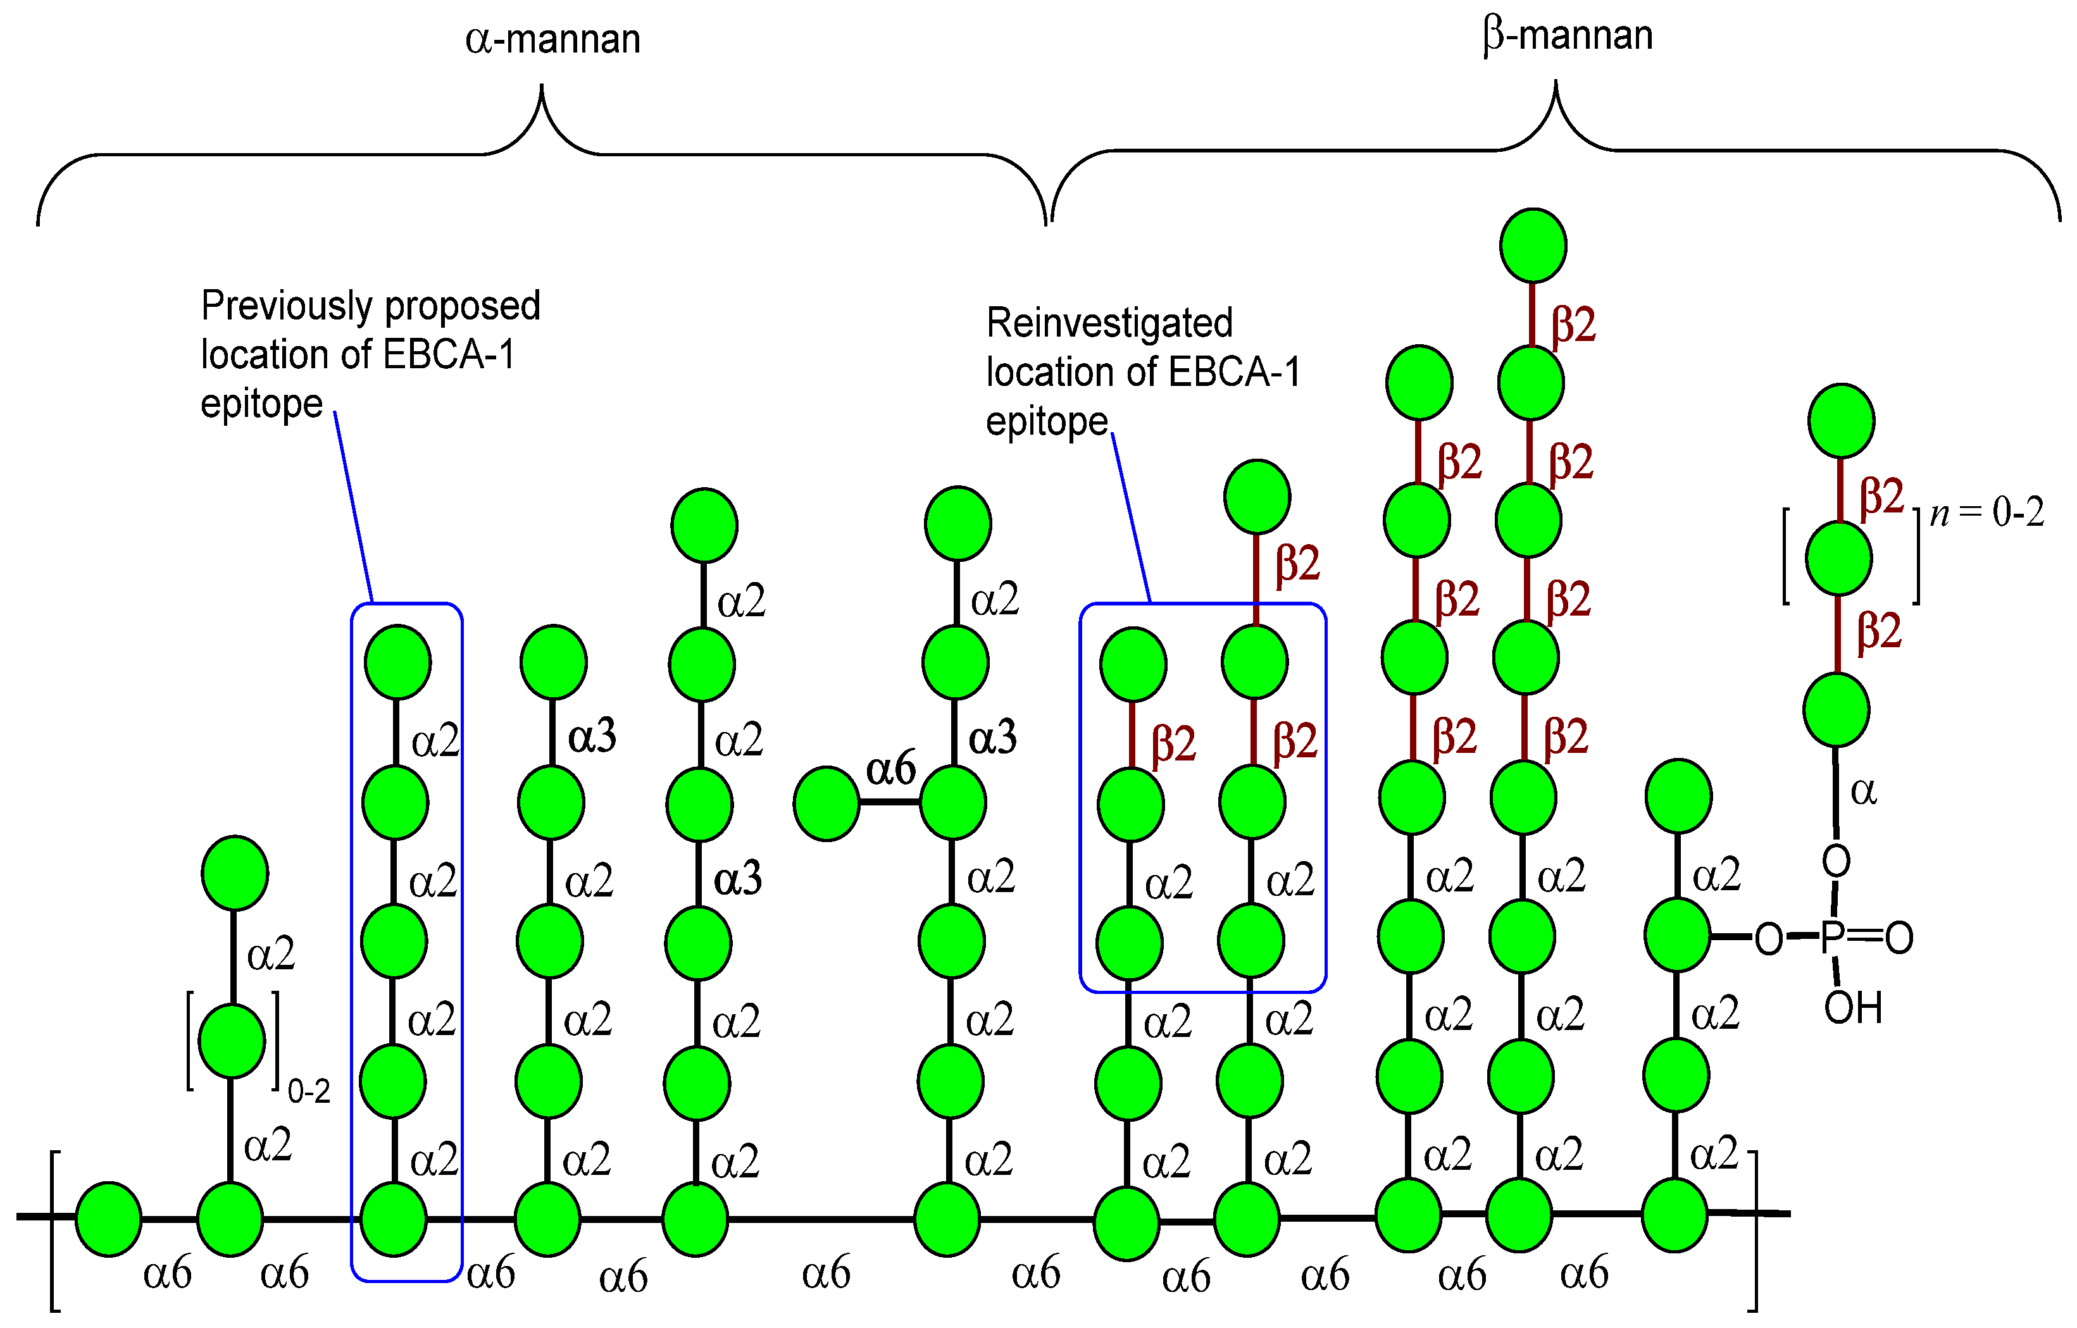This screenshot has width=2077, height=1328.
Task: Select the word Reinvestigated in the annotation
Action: pyautogui.click(x=1109, y=323)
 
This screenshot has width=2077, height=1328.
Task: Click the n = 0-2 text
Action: pyautogui.click(x=1987, y=513)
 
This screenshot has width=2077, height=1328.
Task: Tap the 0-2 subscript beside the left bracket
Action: pyautogui.click(x=308, y=1092)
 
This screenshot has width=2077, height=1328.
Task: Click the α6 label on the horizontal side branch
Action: pyautogui.click(x=890, y=767)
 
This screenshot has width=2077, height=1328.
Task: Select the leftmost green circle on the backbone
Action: pyautogui.click(x=109, y=1219)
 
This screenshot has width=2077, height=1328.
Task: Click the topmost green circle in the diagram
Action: pyautogui.click(x=1533, y=245)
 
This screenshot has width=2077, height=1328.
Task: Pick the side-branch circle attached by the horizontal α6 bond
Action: pyautogui.click(x=826, y=803)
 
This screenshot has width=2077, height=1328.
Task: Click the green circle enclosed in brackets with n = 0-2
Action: pyautogui.click(x=1838, y=558)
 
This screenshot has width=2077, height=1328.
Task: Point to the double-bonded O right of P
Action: pyautogui.click(x=1899, y=938)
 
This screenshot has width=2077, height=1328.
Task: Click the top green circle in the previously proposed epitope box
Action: pyautogui.click(x=397, y=662)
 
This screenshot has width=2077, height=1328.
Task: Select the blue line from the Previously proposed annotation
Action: pyautogui.click(x=354, y=509)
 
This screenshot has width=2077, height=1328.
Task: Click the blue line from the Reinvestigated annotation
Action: pyautogui.click(x=1131, y=518)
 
